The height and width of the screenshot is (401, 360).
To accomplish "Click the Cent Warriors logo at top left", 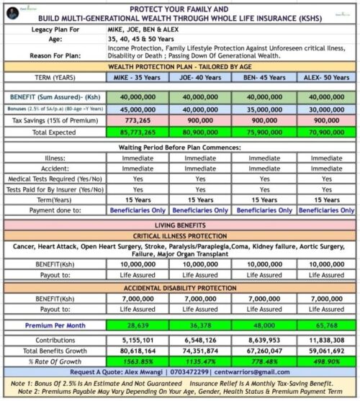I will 21,9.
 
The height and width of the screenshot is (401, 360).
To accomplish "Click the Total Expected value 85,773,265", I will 138,132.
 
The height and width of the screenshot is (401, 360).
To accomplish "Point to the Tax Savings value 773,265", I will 138,120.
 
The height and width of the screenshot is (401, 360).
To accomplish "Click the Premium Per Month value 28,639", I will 138,325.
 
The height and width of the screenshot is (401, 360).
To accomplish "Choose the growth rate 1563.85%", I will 138,362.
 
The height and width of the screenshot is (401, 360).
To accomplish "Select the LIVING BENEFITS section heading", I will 180,225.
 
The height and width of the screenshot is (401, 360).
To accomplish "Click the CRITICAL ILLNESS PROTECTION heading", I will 180,236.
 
